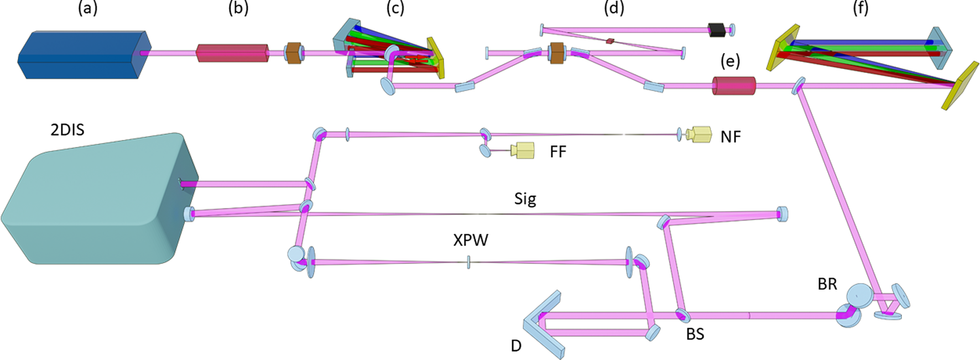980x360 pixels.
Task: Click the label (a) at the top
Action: pos(87,8)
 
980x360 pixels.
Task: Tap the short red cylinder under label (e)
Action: pos(733,86)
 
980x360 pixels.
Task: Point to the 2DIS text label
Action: pos(67,130)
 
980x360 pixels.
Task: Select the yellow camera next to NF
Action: pos(699,134)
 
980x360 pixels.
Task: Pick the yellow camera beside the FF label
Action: pos(523,150)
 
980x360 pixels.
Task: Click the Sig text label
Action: pos(525,199)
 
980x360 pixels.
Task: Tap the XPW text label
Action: pos(471,241)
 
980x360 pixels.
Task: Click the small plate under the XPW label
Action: pos(468,262)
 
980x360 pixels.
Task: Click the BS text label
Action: pos(695,334)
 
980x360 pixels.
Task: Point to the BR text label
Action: pos(827,284)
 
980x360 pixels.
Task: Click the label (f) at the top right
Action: pos(861,8)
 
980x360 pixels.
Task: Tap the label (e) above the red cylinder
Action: pos(730,61)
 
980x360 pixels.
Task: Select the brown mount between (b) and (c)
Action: pos(294,54)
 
